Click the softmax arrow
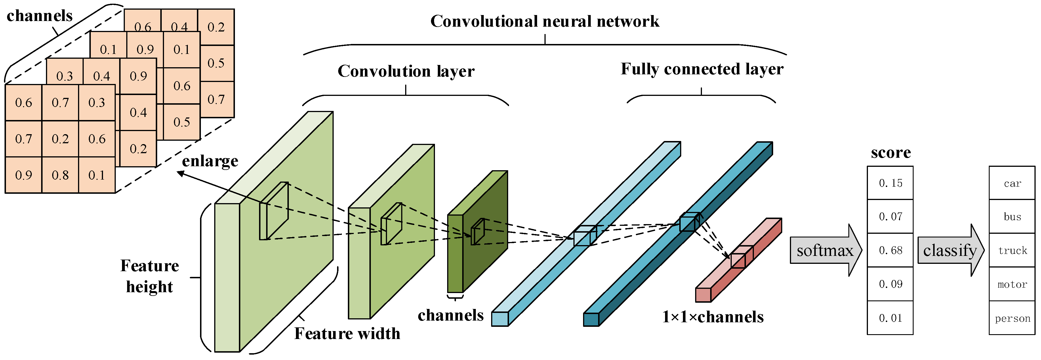click(x=825, y=250)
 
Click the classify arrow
click(x=950, y=250)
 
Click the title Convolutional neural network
click(x=544, y=21)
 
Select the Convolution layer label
click(x=406, y=71)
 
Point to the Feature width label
click(x=347, y=334)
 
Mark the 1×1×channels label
click(x=712, y=317)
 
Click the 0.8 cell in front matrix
click(x=60, y=175)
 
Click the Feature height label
click(x=150, y=276)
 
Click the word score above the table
click(x=890, y=153)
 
